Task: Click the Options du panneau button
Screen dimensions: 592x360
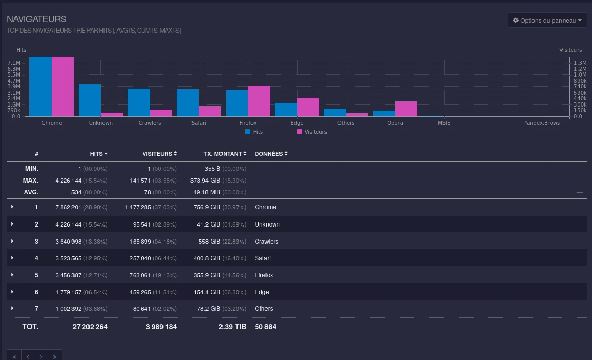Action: coord(547,20)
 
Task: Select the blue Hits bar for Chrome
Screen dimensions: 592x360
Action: coord(40,87)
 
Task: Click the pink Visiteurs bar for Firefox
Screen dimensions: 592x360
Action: coord(259,101)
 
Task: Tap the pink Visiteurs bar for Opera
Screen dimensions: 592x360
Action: coord(406,109)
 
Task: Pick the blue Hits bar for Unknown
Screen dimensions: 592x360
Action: coord(90,100)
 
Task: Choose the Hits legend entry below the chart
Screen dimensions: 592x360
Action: coord(254,132)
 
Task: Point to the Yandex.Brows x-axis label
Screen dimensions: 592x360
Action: coord(542,123)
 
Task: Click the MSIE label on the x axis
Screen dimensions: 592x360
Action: coord(444,123)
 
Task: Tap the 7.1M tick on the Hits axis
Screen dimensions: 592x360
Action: coord(13,63)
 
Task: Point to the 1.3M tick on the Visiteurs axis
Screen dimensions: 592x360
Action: coord(580,63)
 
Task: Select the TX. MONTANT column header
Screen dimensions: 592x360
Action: coord(225,154)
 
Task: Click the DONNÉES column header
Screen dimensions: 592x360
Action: coord(271,154)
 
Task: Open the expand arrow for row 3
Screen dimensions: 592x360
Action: coord(12,241)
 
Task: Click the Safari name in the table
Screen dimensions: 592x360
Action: coord(262,258)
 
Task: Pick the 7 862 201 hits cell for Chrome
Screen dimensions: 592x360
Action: coord(68,207)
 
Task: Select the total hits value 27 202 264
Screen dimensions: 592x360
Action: coord(90,327)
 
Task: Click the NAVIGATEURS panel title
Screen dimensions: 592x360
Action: coord(37,19)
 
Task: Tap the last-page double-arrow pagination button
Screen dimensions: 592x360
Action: coord(55,356)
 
